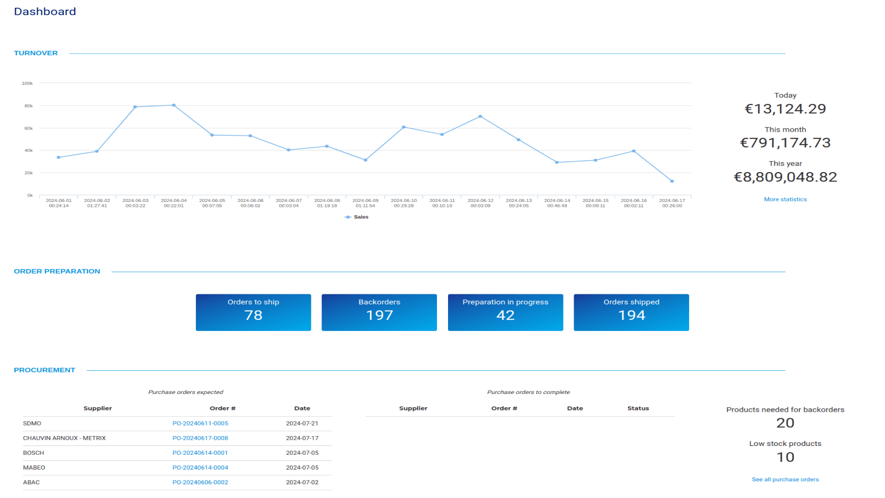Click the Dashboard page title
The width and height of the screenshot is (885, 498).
click(x=45, y=12)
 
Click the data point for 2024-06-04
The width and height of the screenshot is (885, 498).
click(x=174, y=105)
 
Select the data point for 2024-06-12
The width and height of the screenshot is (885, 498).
click(x=480, y=117)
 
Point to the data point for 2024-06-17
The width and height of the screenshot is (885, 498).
click(x=672, y=181)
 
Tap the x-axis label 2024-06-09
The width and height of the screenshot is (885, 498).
click(x=365, y=203)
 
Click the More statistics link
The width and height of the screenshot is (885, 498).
click(x=785, y=199)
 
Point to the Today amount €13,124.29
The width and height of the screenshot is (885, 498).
click(x=785, y=109)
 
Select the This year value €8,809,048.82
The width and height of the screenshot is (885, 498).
click(x=785, y=177)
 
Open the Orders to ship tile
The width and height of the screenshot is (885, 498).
click(x=253, y=312)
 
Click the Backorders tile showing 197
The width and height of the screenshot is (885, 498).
click(x=379, y=312)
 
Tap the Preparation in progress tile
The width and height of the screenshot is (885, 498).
click(x=505, y=312)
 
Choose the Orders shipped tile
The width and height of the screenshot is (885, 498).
click(x=631, y=312)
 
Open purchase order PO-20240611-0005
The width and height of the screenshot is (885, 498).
click(x=200, y=423)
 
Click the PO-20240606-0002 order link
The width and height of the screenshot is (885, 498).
click(x=200, y=483)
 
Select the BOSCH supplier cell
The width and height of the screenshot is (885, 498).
click(x=34, y=453)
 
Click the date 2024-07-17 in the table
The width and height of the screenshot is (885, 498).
click(x=302, y=438)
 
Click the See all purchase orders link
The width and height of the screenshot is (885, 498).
click(x=785, y=480)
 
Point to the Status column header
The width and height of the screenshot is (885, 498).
click(x=638, y=408)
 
